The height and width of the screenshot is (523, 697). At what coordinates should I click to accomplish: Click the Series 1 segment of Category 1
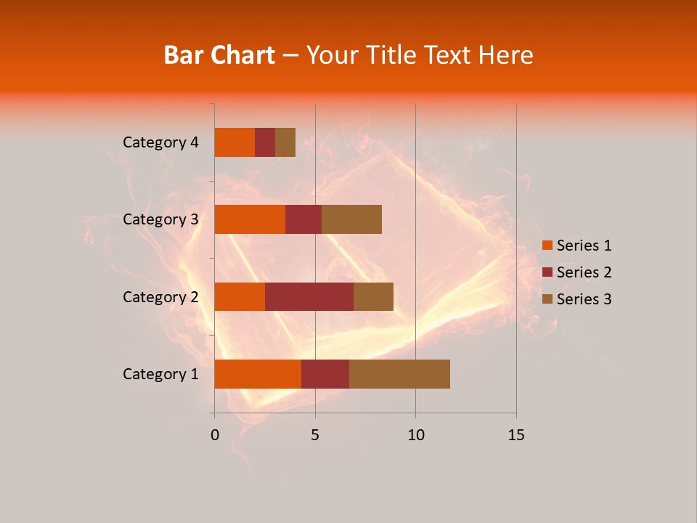click(x=258, y=374)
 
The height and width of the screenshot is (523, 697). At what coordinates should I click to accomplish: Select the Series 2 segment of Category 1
click(x=325, y=374)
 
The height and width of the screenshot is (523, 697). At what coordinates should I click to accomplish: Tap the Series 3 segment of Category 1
click(x=399, y=374)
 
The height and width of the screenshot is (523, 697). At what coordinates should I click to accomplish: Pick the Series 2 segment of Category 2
click(x=309, y=296)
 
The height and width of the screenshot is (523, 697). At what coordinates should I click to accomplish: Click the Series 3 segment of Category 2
click(x=373, y=296)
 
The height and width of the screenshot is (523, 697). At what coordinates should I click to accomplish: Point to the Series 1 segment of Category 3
click(x=250, y=219)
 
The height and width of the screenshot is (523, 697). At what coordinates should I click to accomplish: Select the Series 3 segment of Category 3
click(x=351, y=219)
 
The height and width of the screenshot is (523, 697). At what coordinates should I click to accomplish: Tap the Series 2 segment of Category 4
click(x=265, y=142)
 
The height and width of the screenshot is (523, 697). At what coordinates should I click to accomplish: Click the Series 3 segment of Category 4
click(x=285, y=142)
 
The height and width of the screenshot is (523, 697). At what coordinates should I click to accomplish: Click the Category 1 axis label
click(x=160, y=374)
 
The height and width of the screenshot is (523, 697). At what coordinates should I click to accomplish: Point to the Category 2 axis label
click(x=160, y=296)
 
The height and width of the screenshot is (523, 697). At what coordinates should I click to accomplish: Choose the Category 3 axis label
click(x=160, y=219)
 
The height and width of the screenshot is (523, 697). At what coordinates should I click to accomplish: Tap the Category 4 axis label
click(x=160, y=142)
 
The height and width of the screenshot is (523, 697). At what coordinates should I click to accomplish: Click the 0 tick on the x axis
click(x=215, y=435)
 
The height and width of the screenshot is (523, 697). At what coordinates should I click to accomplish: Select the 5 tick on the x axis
click(x=315, y=435)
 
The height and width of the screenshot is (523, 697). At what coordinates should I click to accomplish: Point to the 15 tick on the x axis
click(x=515, y=435)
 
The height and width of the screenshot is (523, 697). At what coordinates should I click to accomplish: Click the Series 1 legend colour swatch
click(x=547, y=246)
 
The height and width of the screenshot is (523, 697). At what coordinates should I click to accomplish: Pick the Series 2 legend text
click(x=584, y=272)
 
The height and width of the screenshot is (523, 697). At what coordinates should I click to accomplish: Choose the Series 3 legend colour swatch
click(x=547, y=299)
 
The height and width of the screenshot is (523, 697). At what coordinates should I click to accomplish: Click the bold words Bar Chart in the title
click(x=219, y=55)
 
